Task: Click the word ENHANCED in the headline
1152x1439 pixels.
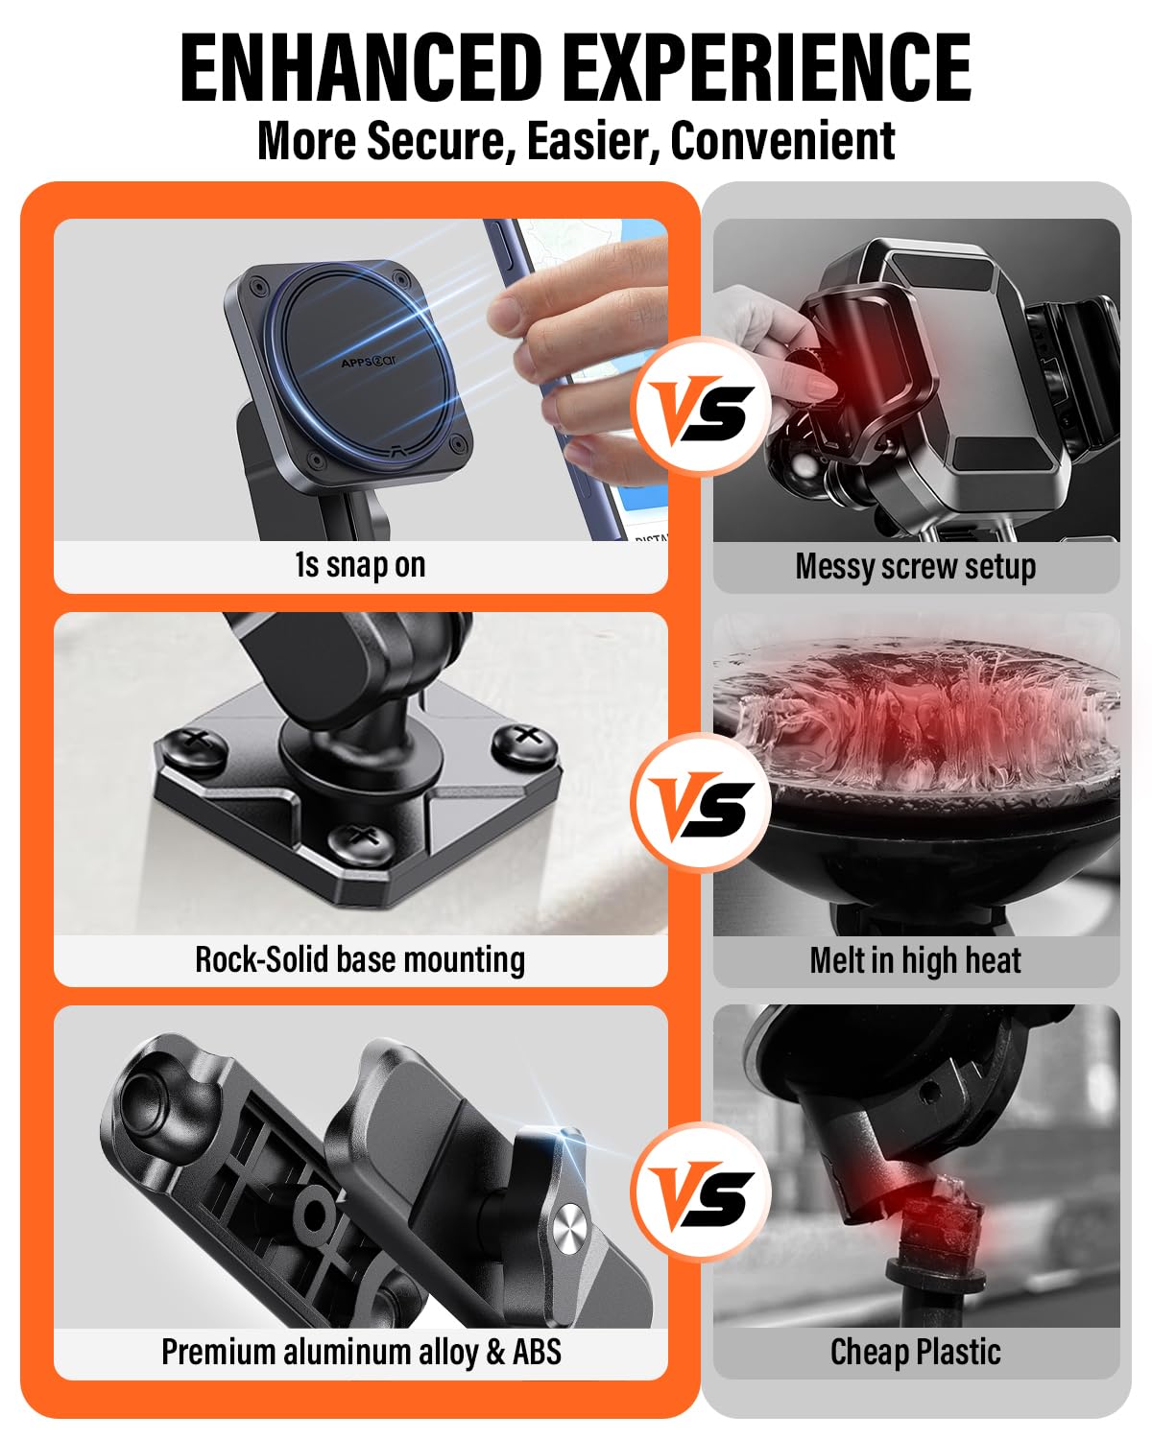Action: point(361,67)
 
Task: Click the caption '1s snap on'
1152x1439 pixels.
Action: point(360,565)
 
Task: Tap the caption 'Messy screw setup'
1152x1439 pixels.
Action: point(916,566)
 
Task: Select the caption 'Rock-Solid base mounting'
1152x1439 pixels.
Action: point(360,959)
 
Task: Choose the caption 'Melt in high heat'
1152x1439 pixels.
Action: point(916,960)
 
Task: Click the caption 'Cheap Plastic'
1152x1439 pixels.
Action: point(916,1352)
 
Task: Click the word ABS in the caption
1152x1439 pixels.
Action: point(537,1352)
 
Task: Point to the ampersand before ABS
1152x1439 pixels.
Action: point(496,1352)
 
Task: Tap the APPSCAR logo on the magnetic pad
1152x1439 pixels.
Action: point(369,361)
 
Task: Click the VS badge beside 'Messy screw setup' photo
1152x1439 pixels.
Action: point(701,407)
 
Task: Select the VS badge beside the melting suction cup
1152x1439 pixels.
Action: point(701,802)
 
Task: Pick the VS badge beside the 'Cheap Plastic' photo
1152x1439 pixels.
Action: point(701,1194)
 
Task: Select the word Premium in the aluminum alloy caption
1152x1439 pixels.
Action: point(218,1352)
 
